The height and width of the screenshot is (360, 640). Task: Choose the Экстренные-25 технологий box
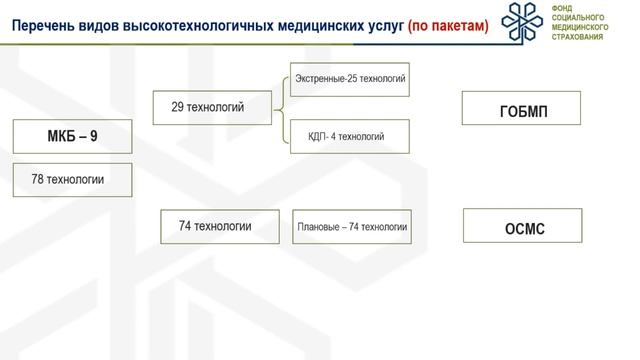[350, 77]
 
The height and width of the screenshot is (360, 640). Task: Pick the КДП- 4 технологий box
[350, 136]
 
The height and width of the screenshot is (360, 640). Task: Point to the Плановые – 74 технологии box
[352, 227]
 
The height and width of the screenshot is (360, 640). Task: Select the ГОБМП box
[525, 109]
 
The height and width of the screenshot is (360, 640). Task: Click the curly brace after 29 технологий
[281, 107]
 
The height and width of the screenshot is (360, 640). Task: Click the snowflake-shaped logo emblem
[526, 23]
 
